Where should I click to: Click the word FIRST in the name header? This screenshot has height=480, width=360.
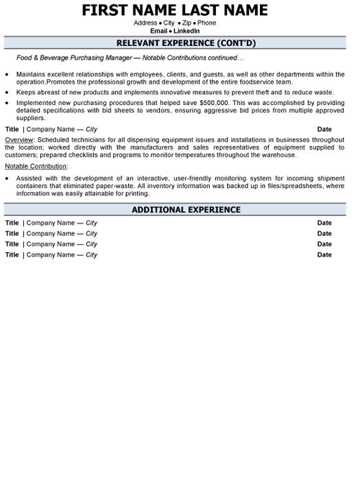(108, 10)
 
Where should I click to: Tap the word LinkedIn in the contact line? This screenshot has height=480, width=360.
(187, 31)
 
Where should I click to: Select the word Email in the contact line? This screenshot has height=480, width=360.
(159, 31)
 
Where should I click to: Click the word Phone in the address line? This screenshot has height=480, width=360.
(207, 23)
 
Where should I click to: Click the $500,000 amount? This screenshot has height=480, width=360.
(215, 102)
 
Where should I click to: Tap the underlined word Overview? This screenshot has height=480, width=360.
(19, 139)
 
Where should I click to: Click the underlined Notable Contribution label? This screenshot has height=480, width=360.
(36, 166)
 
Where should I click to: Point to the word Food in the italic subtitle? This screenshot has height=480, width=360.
(24, 58)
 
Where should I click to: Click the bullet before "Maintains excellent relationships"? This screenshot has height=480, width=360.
(7, 74)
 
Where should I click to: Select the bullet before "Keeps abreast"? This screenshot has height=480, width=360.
(7, 92)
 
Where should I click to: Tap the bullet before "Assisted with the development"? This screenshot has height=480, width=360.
(7, 178)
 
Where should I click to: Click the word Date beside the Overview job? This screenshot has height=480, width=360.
(324, 129)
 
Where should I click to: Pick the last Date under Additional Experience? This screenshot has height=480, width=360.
(324, 255)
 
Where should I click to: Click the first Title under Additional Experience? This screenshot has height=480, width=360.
(12, 223)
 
